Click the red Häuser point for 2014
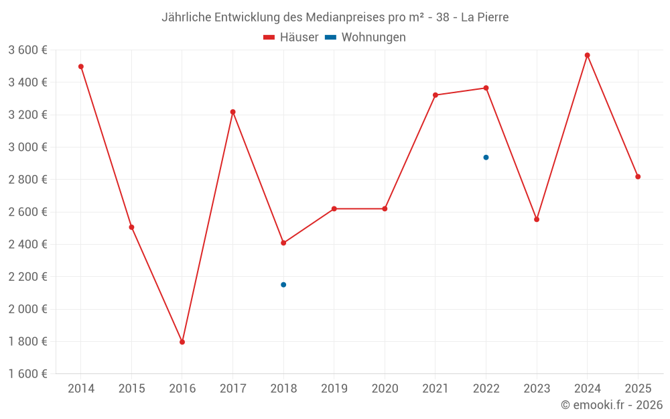point(81,66)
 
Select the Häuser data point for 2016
point(182,342)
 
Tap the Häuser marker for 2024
point(587,55)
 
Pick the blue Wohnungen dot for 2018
point(283,285)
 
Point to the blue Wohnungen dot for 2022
point(486,158)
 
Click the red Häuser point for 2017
point(232,112)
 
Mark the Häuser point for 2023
point(537,219)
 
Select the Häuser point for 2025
point(638,176)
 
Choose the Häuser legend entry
point(291,38)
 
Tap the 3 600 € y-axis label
point(27,50)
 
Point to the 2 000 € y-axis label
point(27,309)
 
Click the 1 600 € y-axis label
point(27,374)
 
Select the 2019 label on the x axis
point(334,389)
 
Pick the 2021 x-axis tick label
point(435,389)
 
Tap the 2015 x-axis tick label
point(131,389)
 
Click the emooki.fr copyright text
point(612,405)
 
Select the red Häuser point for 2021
point(435,95)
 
